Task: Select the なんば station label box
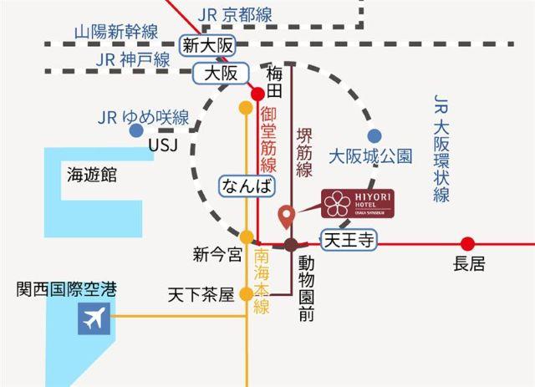coord(245,186)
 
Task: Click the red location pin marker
coord(287,216)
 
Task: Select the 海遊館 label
coord(92,175)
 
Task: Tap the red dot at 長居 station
coord(468,244)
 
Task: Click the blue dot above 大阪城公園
coord(374,135)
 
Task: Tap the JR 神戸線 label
coord(133,59)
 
